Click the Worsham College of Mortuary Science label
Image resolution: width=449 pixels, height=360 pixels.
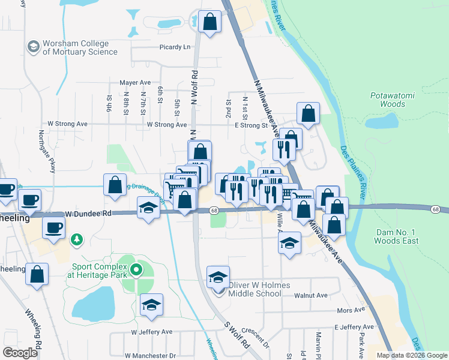point(80,48)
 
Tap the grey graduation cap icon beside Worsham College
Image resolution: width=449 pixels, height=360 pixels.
point(34,46)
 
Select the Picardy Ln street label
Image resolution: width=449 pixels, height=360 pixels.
point(175,47)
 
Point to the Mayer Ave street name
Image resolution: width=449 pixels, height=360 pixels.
point(134,82)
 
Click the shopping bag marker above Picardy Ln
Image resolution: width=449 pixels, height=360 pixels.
point(209,22)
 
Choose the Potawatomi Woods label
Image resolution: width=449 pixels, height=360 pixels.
point(388,100)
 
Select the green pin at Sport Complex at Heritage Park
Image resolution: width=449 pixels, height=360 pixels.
point(136,270)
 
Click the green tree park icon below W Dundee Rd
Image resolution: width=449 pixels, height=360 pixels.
point(76,241)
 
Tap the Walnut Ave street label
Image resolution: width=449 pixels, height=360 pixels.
point(311,295)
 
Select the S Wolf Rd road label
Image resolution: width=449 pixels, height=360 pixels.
point(237,336)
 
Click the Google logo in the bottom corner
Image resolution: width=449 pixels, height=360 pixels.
point(20,352)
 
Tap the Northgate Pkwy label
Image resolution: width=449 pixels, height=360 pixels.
point(47,151)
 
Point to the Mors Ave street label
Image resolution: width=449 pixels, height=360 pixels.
point(351,310)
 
